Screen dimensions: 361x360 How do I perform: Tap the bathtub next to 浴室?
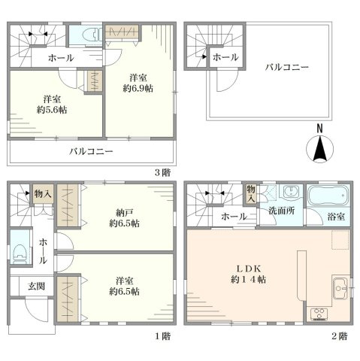328,198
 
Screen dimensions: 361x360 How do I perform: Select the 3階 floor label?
162,172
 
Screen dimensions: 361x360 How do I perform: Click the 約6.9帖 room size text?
138,88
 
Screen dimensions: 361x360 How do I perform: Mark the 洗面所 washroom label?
283,211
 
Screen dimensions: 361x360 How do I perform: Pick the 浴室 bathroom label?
336,217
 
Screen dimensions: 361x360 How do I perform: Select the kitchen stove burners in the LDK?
318,313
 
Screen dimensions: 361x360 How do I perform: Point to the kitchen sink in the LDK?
340,287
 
